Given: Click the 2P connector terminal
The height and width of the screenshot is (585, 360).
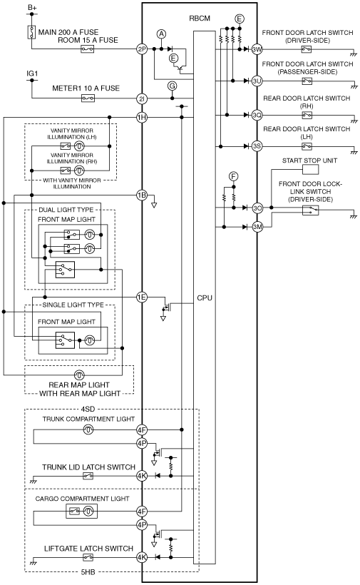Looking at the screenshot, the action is click(142, 49).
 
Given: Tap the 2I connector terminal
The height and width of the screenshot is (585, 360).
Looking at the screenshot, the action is click(142, 98).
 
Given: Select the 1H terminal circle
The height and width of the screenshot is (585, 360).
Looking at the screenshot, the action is click(142, 118).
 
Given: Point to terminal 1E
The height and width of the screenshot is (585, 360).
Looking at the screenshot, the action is click(142, 297).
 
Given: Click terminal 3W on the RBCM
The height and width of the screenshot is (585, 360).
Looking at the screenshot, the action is click(257, 49).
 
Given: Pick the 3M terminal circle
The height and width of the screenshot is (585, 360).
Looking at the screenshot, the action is click(257, 226).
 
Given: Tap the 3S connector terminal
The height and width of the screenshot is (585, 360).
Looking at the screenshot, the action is click(257, 146).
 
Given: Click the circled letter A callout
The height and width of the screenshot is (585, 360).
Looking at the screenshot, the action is click(161, 34).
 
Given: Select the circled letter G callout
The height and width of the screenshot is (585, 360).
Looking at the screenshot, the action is click(172, 86).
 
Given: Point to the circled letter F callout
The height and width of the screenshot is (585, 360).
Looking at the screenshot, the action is click(233, 176).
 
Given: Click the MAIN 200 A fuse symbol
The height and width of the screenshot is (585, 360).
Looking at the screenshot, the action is click(31, 32).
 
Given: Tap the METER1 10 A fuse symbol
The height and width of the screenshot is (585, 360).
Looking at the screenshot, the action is click(88, 98).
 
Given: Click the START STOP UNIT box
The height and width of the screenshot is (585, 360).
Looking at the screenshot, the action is click(310, 170).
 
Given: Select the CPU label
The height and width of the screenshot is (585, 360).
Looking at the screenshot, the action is click(205, 297).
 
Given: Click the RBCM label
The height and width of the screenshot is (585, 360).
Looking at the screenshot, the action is click(200, 19).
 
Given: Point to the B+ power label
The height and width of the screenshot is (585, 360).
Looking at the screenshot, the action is click(32, 7).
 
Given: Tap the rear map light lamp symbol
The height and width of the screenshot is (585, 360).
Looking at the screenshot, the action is click(79, 375).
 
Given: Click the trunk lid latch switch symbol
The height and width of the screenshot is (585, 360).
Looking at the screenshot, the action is click(88, 476).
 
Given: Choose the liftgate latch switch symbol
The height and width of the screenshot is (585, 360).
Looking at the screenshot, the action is click(88, 557).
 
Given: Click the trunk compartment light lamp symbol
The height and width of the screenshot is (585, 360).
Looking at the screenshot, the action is click(88, 429).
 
